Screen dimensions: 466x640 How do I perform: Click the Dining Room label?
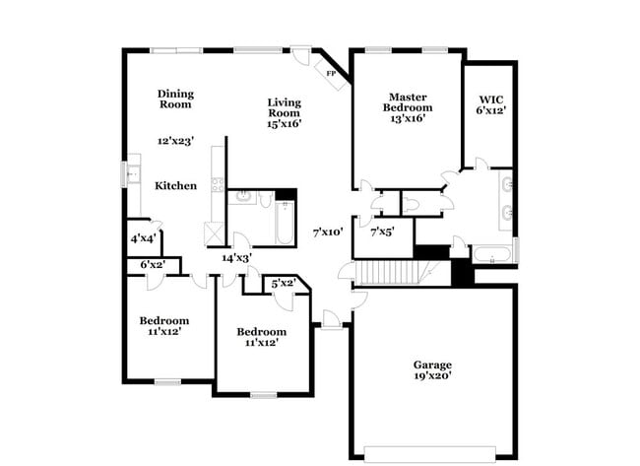[175, 99]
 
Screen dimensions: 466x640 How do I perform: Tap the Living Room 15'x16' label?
[285, 112]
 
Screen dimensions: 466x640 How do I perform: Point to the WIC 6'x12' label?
[491, 105]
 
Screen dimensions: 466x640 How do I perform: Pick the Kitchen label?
[175, 185]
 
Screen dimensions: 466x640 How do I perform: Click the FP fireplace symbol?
[331, 73]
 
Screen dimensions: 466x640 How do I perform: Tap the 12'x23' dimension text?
[176, 141]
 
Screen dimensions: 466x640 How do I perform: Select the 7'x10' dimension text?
[328, 233]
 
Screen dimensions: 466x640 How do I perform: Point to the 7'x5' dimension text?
[382, 233]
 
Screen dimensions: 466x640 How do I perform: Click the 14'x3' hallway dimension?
[236, 257]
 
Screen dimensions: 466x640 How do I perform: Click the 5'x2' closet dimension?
[284, 284]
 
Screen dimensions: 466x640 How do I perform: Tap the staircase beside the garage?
[386, 271]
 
